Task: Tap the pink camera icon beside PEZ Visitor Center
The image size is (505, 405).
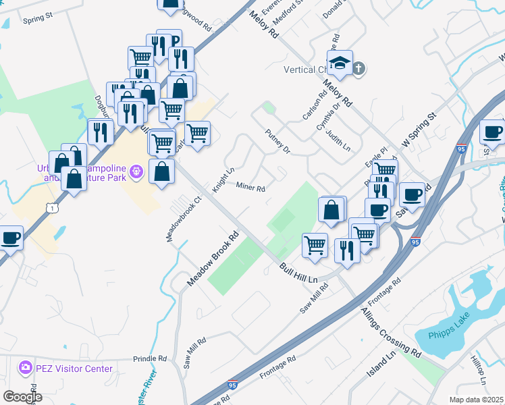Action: click(x=26, y=368)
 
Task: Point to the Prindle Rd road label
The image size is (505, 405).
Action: click(x=149, y=358)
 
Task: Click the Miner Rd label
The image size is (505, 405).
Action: click(x=250, y=187)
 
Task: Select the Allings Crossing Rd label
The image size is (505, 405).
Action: click(x=392, y=332)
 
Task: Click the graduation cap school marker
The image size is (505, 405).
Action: click(x=340, y=63)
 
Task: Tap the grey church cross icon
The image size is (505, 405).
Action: click(x=358, y=68)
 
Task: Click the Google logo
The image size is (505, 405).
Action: click(x=22, y=397)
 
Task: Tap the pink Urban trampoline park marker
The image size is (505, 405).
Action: click(x=137, y=171)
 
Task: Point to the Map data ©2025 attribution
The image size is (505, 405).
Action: click(x=476, y=400)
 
